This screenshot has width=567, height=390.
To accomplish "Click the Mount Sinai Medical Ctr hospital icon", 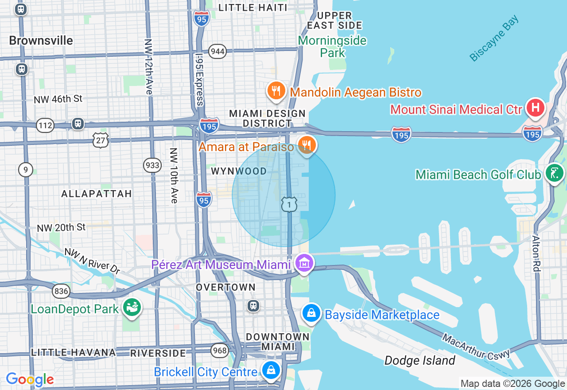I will [535, 108].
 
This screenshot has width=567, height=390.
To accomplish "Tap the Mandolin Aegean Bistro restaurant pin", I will [276, 91].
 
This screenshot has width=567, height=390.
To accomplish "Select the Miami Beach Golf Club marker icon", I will [554, 173].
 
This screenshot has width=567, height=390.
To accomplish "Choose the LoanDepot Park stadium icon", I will [132, 308].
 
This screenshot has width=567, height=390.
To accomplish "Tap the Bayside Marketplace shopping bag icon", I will [312, 313].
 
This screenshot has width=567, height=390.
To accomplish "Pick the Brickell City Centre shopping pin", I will [270, 370].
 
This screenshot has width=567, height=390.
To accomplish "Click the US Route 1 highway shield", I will [289, 204].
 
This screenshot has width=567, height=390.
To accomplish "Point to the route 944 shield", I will [217, 51].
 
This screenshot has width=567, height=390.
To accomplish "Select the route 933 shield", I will [152, 165].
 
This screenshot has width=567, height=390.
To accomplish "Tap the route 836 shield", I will [61, 291].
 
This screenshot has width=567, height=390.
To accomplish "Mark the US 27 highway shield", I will [101, 140].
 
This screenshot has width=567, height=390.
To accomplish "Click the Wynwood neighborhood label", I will [239, 171].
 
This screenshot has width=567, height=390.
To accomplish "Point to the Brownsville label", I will [41, 41].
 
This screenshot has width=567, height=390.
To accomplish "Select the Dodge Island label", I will [419, 360].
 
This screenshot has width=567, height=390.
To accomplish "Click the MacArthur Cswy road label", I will [476, 346].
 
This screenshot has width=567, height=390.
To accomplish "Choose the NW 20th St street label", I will [61, 228].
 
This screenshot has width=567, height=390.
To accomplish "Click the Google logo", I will [30, 379].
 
